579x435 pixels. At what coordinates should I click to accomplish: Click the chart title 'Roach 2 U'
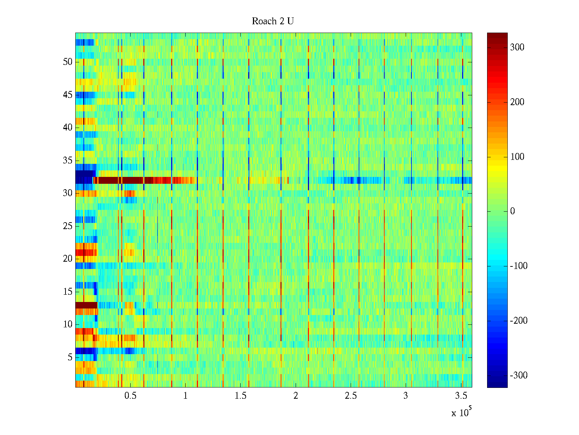tap(272, 21)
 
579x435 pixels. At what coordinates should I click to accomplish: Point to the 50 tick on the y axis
tap(68, 62)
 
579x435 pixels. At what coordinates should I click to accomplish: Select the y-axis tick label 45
tap(68, 95)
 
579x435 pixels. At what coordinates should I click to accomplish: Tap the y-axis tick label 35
tap(68, 161)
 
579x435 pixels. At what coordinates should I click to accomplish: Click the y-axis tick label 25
tap(68, 226)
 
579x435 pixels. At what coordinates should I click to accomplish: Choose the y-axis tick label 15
tap(68, 292)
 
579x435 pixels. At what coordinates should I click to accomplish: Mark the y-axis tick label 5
tap(70, 357)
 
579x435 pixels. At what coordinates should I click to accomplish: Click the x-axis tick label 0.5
tap(130, 396)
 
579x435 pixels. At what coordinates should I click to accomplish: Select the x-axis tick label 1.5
tap(240, 396)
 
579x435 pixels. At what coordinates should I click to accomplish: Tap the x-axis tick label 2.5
tap(351, 396)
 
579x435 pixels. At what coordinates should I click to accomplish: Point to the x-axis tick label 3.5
tap(461, 396)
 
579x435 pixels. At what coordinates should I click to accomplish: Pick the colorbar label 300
tap(517, 47)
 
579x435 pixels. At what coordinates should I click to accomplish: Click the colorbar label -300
tap(518, 376)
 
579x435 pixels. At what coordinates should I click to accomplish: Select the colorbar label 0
tap(512, 211)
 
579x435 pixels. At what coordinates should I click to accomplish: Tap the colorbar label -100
tap(518, 266)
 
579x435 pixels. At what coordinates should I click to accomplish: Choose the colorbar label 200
tap(517, 102)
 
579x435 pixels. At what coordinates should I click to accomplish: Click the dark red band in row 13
tap(86, 305)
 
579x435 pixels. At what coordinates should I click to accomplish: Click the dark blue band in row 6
tap(85, 351)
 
